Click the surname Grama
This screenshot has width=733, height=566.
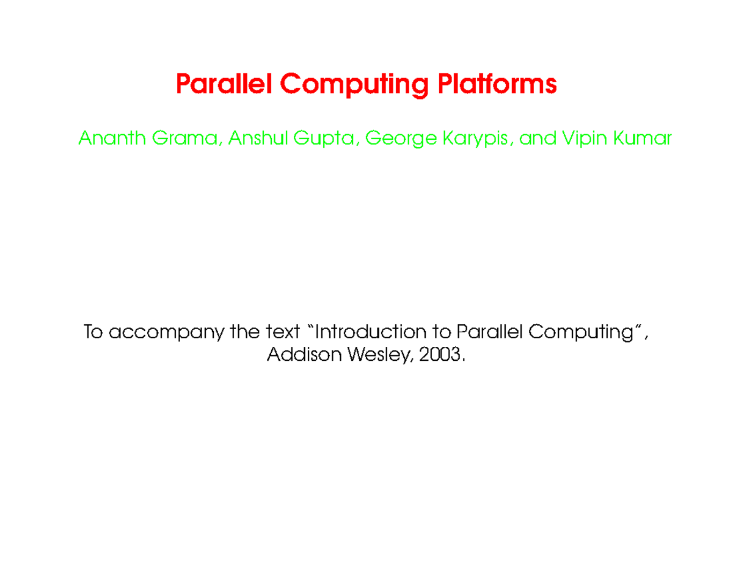188,139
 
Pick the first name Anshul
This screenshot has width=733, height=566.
258,139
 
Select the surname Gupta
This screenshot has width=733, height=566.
326,140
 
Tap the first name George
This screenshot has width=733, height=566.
400,140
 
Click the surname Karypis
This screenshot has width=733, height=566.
479,140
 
